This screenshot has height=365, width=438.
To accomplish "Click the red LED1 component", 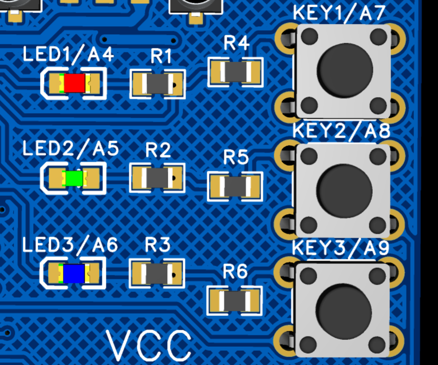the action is pyautogui.click(x=74, y=83).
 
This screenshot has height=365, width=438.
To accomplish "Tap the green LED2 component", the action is pyautogui.click(x=74, y=178).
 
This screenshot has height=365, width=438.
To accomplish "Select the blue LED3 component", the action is pyautogui.click(x=74, y=274).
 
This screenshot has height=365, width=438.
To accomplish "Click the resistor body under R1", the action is pyautogui.click(x=157, y=83).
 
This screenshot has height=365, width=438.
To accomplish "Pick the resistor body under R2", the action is pyautogui.click(x=157, y=178).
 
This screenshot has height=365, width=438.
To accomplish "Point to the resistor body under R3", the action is pyautogui.click(x=157, y=274).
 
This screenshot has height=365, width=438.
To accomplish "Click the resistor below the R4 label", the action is pyautogui.click(x=235, y=72).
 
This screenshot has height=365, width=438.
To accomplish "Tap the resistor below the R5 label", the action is pyautogui.click(x=235, y=186).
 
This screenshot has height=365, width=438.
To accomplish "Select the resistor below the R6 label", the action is pyautogui.click(x=235, y=301).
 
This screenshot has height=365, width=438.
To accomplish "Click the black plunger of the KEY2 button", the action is pyautogui.click(x=345, y=191).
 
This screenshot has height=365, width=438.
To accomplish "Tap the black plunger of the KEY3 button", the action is pyautogui.click(x=344, y=311).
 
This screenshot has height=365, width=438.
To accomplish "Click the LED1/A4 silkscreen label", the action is pyautogui.click(x=68, y=54).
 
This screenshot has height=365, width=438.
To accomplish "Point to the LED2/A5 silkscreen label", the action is pyautogui.click(x=70, y=149).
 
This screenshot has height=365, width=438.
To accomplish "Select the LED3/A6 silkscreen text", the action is pyautogui.click(x=70, y=244).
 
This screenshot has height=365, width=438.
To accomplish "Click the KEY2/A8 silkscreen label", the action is pyautogui.click(x=341, y=131).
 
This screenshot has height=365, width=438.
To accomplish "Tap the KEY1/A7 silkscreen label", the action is pyautogui.click(x=340, y=13).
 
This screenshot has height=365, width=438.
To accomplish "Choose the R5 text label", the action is pyautogui.click(x=236, y=157).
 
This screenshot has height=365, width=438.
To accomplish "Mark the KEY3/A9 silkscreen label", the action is pyautogui.click(x=341, y=248).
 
